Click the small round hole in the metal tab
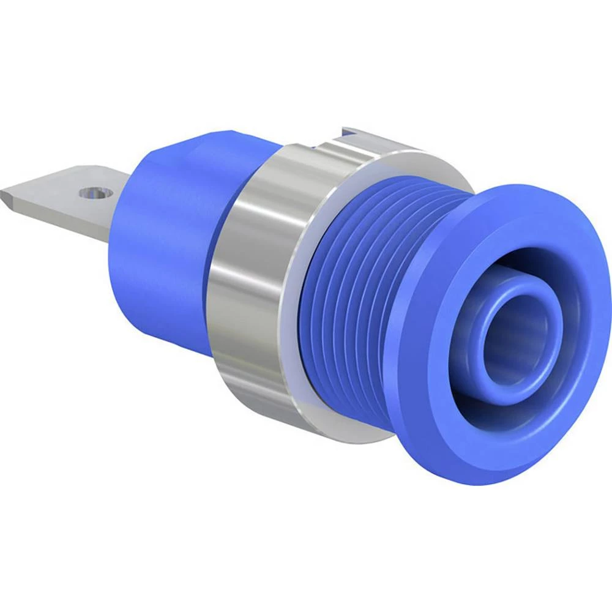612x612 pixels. pyautogui.click(x=92, y=194)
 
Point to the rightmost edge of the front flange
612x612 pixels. pyautogui.click(x=608, y=318)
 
